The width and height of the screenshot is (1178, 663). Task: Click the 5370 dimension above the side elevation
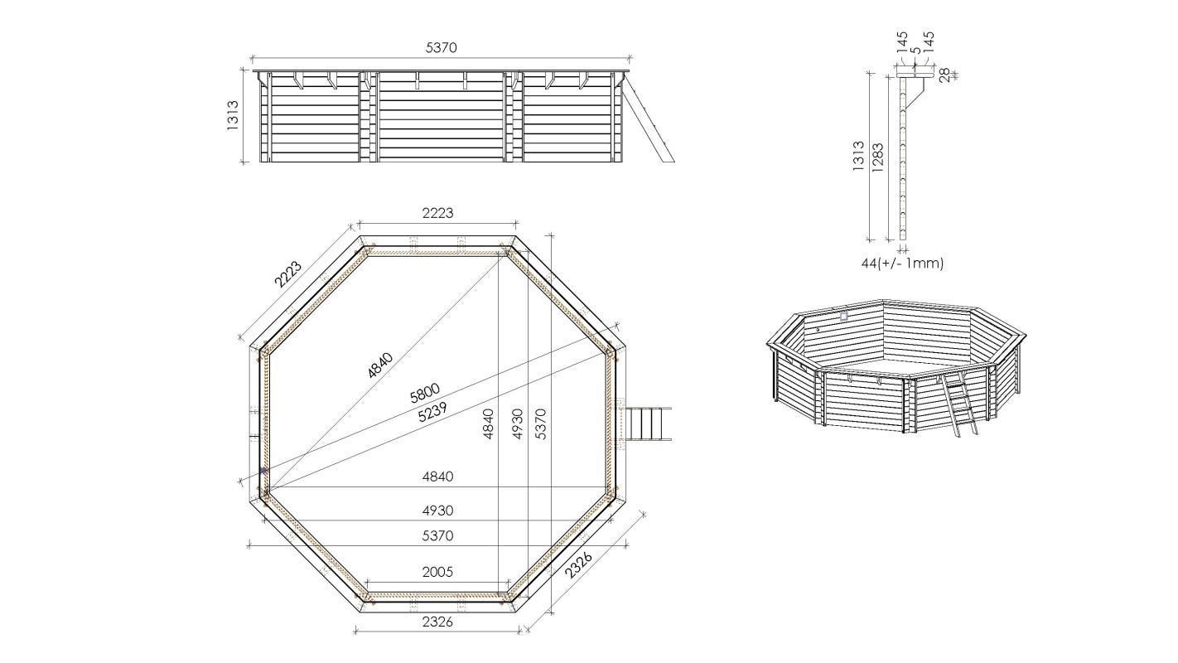click(x=441, y=48)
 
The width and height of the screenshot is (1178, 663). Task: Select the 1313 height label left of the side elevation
click(x=233, y=117)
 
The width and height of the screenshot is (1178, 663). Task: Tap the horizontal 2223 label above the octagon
click(x=437, y=213)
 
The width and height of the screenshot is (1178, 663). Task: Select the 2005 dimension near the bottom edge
click(x=437, y=572)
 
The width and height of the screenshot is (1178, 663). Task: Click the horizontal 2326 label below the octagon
click(x=437, y=622)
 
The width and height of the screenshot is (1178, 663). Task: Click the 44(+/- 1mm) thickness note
click(x=902, y=264)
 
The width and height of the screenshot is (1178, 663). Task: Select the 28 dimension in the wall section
click(x=945, y=75)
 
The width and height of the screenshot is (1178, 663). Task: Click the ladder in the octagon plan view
click(x=648, y=424)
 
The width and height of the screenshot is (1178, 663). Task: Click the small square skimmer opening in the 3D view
click(x=844, y=316)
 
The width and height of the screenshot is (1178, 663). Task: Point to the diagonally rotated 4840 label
click(x=380, y=365)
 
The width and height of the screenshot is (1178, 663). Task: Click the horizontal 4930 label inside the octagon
click(x=437, y=511)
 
